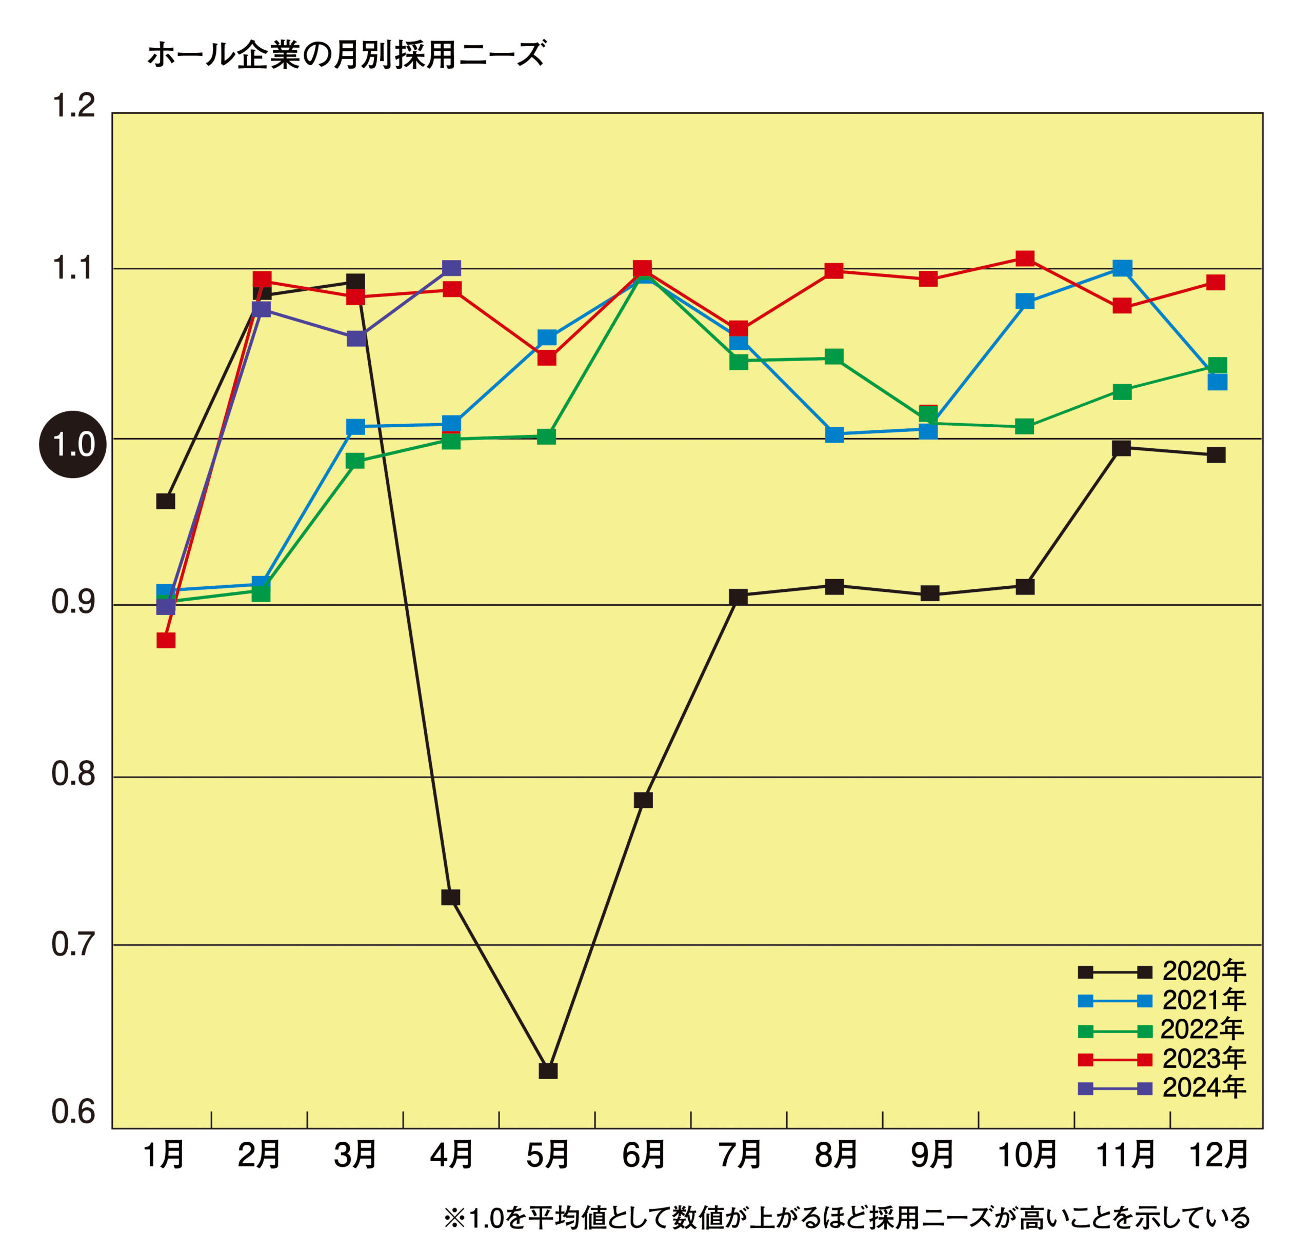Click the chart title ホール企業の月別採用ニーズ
346,55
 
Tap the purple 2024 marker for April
451,268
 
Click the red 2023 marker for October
1025,258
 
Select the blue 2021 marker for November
1122,268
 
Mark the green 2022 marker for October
1025,426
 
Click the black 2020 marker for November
1122,447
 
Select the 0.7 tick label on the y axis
73,945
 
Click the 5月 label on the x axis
547,1155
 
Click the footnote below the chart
846,1218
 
